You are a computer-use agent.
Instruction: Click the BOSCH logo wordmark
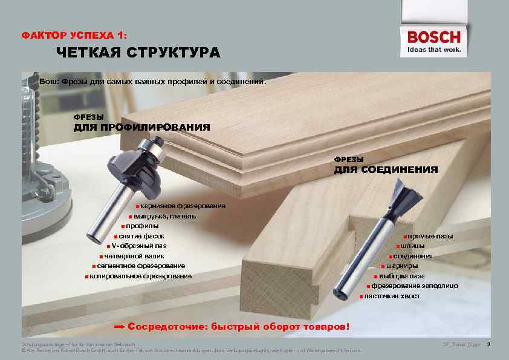point(433,38)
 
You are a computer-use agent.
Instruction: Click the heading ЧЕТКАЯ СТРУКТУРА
point(138,53)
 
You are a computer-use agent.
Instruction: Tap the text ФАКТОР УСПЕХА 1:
point(74,36)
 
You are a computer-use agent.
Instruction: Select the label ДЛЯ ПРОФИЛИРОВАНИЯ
point(141,128)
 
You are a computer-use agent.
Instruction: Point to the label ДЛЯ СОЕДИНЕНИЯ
point(386,169)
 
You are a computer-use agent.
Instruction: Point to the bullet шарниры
point(399,266)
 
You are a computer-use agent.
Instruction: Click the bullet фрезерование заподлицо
point(414,286)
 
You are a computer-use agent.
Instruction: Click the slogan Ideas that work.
point(434,50)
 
